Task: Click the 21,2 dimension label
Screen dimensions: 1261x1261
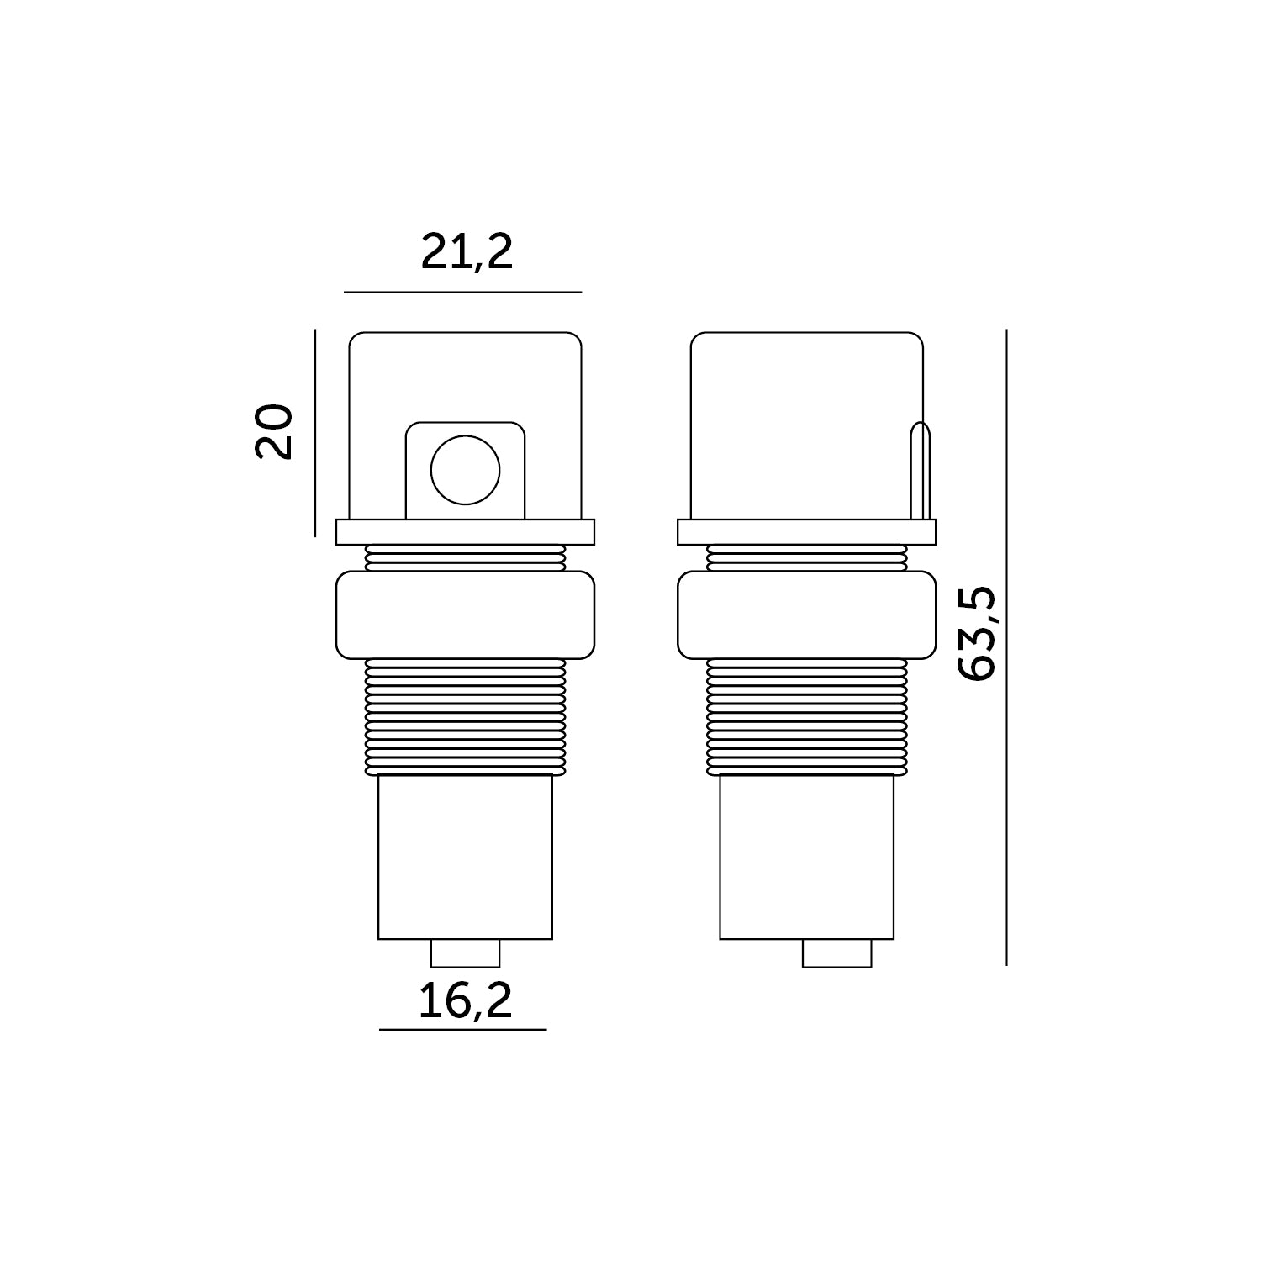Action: pyautogui.click(x=467, y=251)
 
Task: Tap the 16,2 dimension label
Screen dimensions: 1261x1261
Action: pyautogui.click(x=466, y=1000)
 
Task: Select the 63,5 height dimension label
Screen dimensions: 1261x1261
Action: pyautogui.click(x=977, y=634)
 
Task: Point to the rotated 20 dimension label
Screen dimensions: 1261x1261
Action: pyautogui.click(x=274, y=432)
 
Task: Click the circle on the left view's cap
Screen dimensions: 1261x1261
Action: pyautogui.click(x=465, y=470)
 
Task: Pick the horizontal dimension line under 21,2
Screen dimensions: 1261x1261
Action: pyautogui.click(x=462, y=292)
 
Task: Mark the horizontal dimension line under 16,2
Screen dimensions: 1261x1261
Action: pyautogui.click(x=463, y=1029)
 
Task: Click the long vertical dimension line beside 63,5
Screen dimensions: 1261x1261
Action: pyautogui.click(x=1006, y=647)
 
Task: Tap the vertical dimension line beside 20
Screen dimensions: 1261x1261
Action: pyautogui.click(x=314, y=433)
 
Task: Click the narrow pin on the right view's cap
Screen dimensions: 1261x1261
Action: pyautogui.click(x=921, y=471)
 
